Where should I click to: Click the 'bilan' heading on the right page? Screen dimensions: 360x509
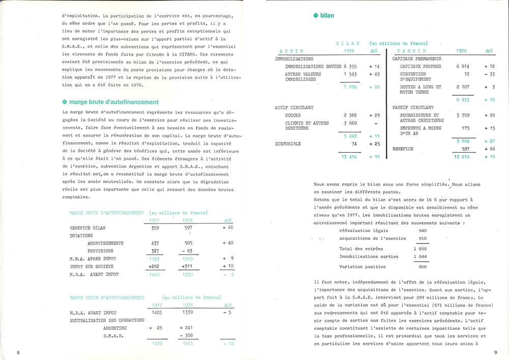pyautogui.click(x=327, y=16)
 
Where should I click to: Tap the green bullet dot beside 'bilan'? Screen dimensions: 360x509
pyautogui.click(x=316, y=16)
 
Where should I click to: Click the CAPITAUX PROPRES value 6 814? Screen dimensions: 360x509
pyautogui.click(x=466, y=66)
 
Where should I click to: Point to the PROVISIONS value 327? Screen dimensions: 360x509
pyautogui.click(x=155, y=251)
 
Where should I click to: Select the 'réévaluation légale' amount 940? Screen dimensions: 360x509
pyautogui.click(x=422, y=231)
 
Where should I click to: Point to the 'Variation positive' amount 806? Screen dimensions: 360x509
pyautogui.click(x=422, y=267)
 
